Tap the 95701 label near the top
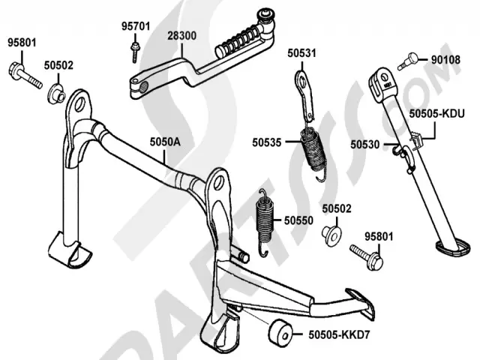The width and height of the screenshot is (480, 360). point(136,26)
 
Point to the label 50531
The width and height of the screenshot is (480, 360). point(302,53)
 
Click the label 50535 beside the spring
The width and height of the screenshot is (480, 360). point(267,140)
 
